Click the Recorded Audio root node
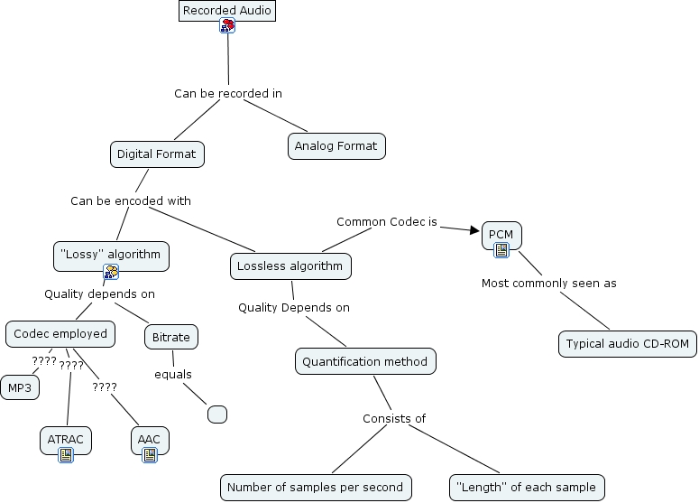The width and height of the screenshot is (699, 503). (225, 11)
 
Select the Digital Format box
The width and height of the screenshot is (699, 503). (156, 154)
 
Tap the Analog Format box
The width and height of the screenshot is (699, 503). (336, 146)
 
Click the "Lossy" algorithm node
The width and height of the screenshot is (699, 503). (111, 255)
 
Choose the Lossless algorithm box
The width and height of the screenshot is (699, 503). (290, 266)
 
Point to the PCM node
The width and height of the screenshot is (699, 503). (501, 235)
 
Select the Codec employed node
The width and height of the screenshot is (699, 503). (60, 333)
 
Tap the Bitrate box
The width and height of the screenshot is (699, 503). (170, 337)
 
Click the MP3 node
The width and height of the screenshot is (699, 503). (18, 388)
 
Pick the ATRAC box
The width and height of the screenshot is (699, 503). (66, 440)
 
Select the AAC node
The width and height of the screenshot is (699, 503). (149, 440)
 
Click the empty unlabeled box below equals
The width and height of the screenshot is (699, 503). (216, 415)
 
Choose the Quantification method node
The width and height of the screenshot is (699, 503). (366, 361)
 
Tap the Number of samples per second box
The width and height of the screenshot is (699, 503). (315, 488)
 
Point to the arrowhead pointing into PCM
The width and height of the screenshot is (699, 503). (474, 230)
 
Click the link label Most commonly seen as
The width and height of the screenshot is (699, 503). (548, 284)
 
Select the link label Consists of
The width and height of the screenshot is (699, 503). (393, 418)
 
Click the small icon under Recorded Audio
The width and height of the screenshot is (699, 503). (227, 27)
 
